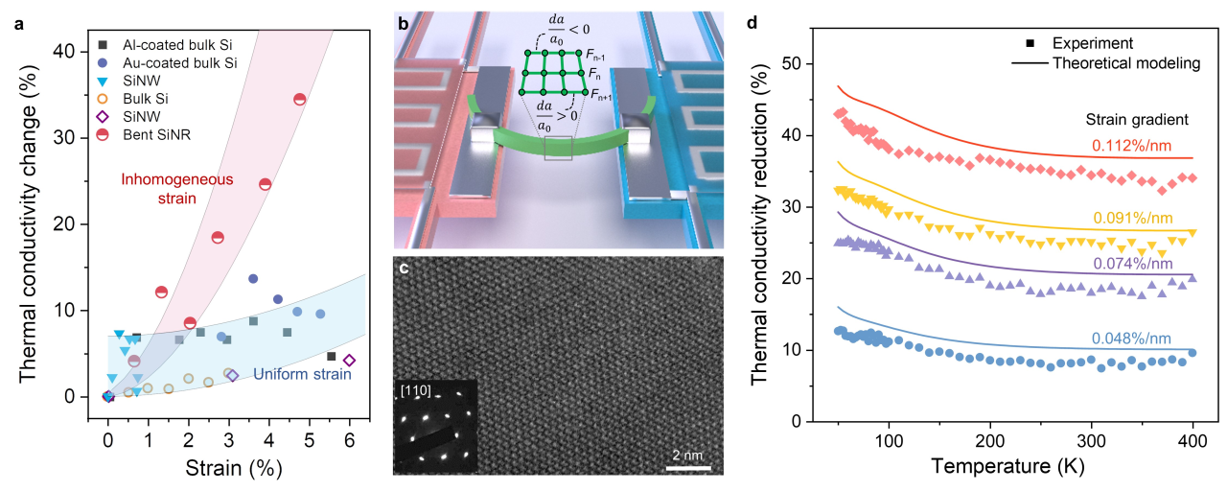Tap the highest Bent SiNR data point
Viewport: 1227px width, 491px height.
click(x=299, y=100)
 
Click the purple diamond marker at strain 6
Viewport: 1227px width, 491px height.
click(x=349, y=361)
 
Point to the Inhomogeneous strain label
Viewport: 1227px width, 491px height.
click(x=160, y=189)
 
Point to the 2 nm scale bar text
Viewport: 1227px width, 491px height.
click(x=688, y=453)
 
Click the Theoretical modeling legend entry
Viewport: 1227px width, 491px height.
click(x=1125, y=63)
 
